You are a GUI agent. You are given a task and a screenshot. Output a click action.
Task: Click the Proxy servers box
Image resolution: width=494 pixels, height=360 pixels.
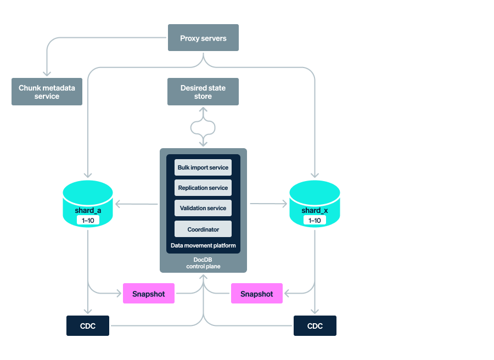tap(203, 38)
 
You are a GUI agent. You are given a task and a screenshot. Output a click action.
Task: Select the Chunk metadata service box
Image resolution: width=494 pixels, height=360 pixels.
tap(47, 92)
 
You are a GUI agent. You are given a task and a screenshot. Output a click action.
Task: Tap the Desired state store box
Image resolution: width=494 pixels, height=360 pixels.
tap(203, 92)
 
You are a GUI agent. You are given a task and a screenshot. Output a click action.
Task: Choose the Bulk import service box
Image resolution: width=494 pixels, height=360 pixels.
tap(203, 167)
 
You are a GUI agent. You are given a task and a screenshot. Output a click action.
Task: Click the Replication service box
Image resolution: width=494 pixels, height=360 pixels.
tap(203, 188)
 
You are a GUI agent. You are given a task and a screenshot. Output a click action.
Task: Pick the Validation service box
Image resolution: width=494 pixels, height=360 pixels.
tap(203, 208)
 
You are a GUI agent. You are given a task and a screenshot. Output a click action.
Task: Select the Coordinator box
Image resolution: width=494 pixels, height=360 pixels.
tap(203, 229)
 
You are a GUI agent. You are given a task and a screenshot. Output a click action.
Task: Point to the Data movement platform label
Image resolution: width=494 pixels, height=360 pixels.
tap(203, 245)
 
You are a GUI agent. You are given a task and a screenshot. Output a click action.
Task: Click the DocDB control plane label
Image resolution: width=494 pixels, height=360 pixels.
tap(203, 262)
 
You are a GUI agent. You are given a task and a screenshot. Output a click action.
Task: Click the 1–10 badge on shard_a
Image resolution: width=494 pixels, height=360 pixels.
tap(88, 220)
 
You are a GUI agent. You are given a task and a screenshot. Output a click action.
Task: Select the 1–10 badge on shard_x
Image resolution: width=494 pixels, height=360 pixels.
tap(315, 220)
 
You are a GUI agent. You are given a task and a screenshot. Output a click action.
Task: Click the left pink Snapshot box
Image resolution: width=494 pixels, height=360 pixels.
tap(149, 294)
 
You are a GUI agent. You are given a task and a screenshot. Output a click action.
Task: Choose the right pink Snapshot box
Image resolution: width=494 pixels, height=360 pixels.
tap(256, 294)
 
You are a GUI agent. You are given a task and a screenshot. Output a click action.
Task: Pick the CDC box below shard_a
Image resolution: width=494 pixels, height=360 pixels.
tap(88, 325)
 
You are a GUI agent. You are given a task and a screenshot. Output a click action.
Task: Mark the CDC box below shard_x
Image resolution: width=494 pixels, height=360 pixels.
tap(315, 325)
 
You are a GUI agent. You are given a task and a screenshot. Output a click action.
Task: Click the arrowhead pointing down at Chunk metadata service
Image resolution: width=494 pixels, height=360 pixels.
tap(47, 73)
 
